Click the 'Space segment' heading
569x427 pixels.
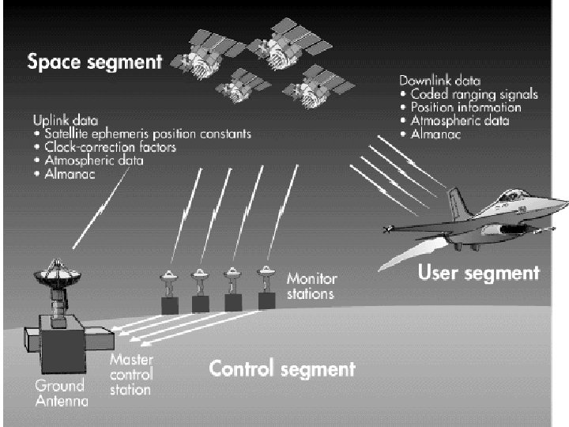(95, 61)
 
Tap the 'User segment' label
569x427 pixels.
(478, 274)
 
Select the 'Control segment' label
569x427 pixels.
(281, 368)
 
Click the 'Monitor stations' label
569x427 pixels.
(311, 286)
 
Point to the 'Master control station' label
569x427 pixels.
(130, 374)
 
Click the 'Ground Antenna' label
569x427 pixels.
(59, 394)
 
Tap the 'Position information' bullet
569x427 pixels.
(465, 108)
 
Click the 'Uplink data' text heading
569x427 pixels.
(65, 121)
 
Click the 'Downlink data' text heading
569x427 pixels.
(441, 81)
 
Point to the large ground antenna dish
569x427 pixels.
(57, 273)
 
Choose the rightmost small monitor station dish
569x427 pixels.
(266, 274)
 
